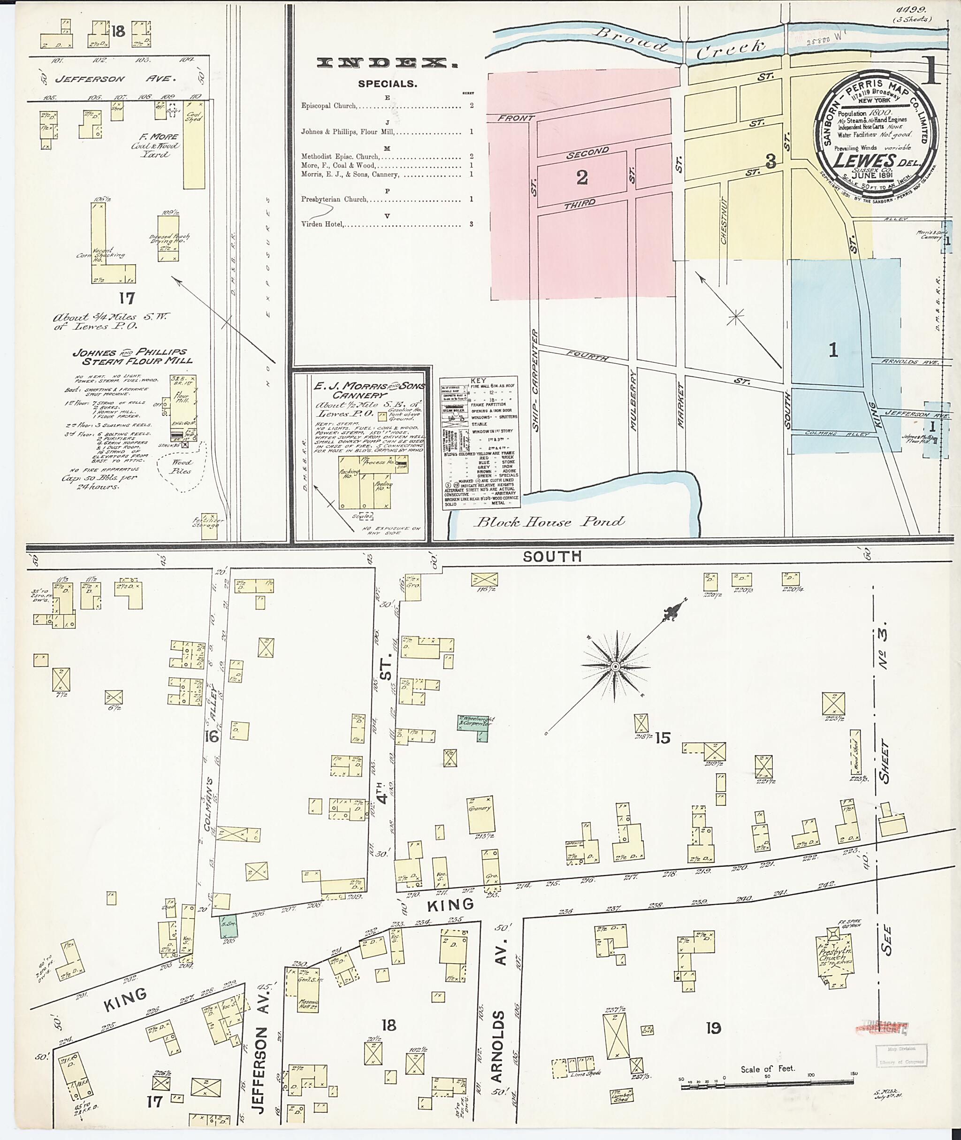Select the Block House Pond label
click(548, 522)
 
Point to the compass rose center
click(616, 666)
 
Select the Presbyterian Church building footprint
click(833, 960)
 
